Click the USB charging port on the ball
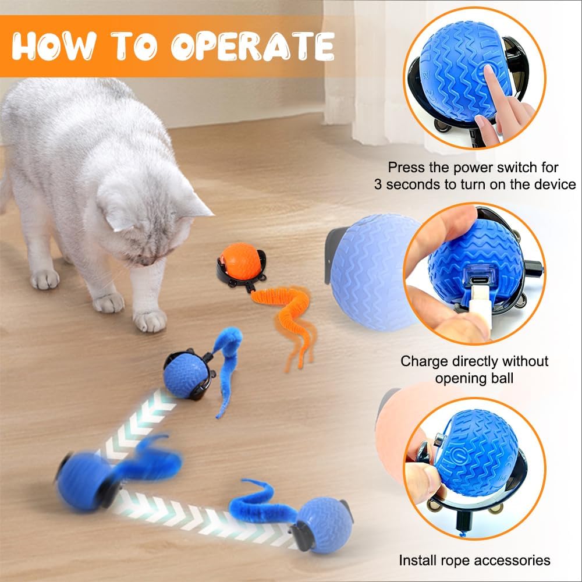(474, 290)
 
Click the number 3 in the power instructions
(379, 185)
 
